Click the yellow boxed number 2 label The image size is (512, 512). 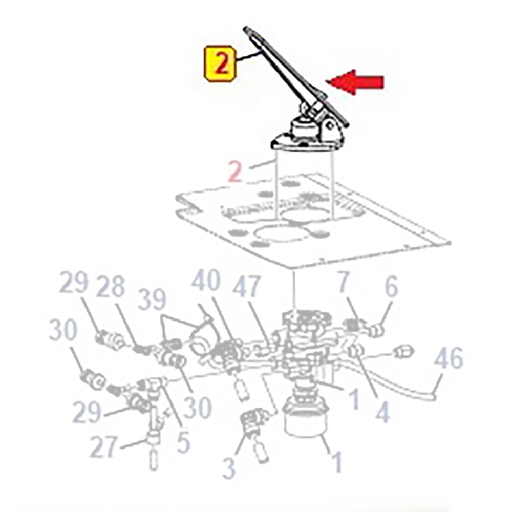pyautogui.click(x=220, y=65)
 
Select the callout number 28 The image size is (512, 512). pyautogui.click(x=111, y=287)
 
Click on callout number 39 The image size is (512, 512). pyautogui.click(x=152, y=299)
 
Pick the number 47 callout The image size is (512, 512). pyautogui.click(x=247, y=286)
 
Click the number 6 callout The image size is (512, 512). pyautogui.click(x=391, y=286)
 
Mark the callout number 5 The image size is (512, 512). pyautogui.click(x=183, y=441)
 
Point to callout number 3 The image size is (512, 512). pyautogui.click(x=229, y=467)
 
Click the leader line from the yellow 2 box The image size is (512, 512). pyautogui.click(x=248, y=56)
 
